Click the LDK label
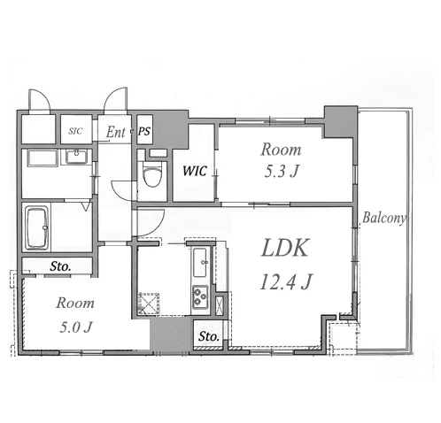(x=285, y=248)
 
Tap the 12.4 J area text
(x=286, y=281)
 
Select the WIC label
(x=195, y=171)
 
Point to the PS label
(x=144, y=131)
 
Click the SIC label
(x=75, y=131)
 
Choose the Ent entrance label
(x=116, y=132)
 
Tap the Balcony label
(x=383, y=218)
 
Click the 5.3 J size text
(x=282, y=171)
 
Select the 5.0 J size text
(x=76, y=327)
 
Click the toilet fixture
(x=152, y=173)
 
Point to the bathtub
(x=36, y=227)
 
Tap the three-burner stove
(x=200, y=296)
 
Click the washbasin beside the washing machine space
(x=76, y=157)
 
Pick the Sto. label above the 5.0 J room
(x=60, y=266)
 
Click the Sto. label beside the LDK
(x=209, y=336)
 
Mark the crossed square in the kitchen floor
(x=149, y=303)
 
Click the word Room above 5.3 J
(x=281, y=150)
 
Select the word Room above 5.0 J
(x=75, y=303)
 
